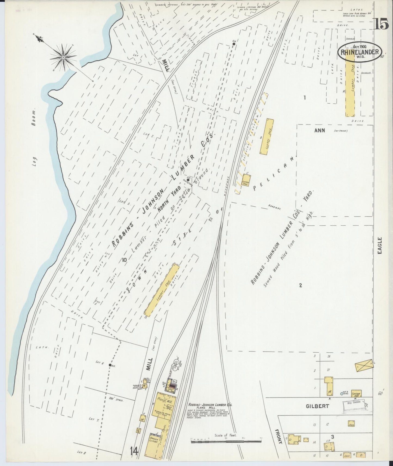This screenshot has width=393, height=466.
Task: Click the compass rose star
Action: (x=63, y=57)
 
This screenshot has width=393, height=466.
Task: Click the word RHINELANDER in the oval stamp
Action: (x=360, y=52)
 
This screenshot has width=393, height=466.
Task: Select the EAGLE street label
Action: (x=380, y=246)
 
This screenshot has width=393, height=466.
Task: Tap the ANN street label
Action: (x=320, y=131)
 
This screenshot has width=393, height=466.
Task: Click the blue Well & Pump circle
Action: (x=342, y=393)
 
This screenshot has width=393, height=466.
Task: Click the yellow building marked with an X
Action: (x=364, y=365)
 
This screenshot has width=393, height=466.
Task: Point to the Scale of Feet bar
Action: (x=226, y=442)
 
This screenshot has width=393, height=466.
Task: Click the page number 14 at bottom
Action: (x=134, y=452)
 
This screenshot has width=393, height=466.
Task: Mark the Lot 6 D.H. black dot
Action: (x=110, y=365)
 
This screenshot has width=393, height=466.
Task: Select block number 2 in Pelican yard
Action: (x=301, y=285)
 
